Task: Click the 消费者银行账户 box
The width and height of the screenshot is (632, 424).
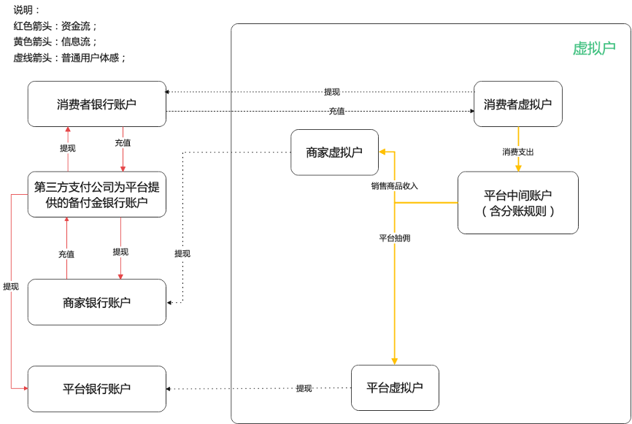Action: tap(96, 104)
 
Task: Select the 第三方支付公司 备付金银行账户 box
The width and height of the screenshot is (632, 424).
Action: tap(96, 195)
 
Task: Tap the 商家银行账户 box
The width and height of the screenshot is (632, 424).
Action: tap(96, 302)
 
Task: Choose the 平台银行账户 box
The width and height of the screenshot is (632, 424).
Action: tap(96, 389)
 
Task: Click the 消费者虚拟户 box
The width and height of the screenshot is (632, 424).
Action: tap(517, 104)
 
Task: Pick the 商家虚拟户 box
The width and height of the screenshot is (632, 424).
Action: tap(334, 152)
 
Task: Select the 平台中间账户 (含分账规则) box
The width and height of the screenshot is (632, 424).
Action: tap(517, 203)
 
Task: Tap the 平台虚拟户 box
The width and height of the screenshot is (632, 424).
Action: tap(394, 388)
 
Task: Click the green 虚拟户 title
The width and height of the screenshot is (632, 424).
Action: tap(593, 48)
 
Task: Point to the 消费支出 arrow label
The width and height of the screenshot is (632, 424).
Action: tap(517, 152)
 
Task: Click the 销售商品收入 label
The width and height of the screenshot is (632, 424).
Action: tap(394, 186)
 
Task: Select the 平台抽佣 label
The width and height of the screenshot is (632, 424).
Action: tap(394, 238)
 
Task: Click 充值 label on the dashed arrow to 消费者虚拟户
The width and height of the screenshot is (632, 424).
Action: tap(336, 111)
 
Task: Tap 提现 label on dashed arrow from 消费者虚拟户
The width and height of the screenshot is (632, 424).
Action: tap(332, 92)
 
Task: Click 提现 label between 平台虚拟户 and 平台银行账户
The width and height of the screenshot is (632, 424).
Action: tap(304, 388)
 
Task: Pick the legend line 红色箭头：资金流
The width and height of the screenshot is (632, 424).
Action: tap(55, 26)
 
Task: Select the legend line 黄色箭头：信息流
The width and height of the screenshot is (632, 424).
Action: tap(55, 42)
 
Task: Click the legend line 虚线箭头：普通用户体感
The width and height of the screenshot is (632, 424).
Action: tap(70, 58)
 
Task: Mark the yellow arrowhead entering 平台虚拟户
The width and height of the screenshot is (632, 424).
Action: tap(394, 361)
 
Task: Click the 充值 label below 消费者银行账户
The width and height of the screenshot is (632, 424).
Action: tap(123, 143)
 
